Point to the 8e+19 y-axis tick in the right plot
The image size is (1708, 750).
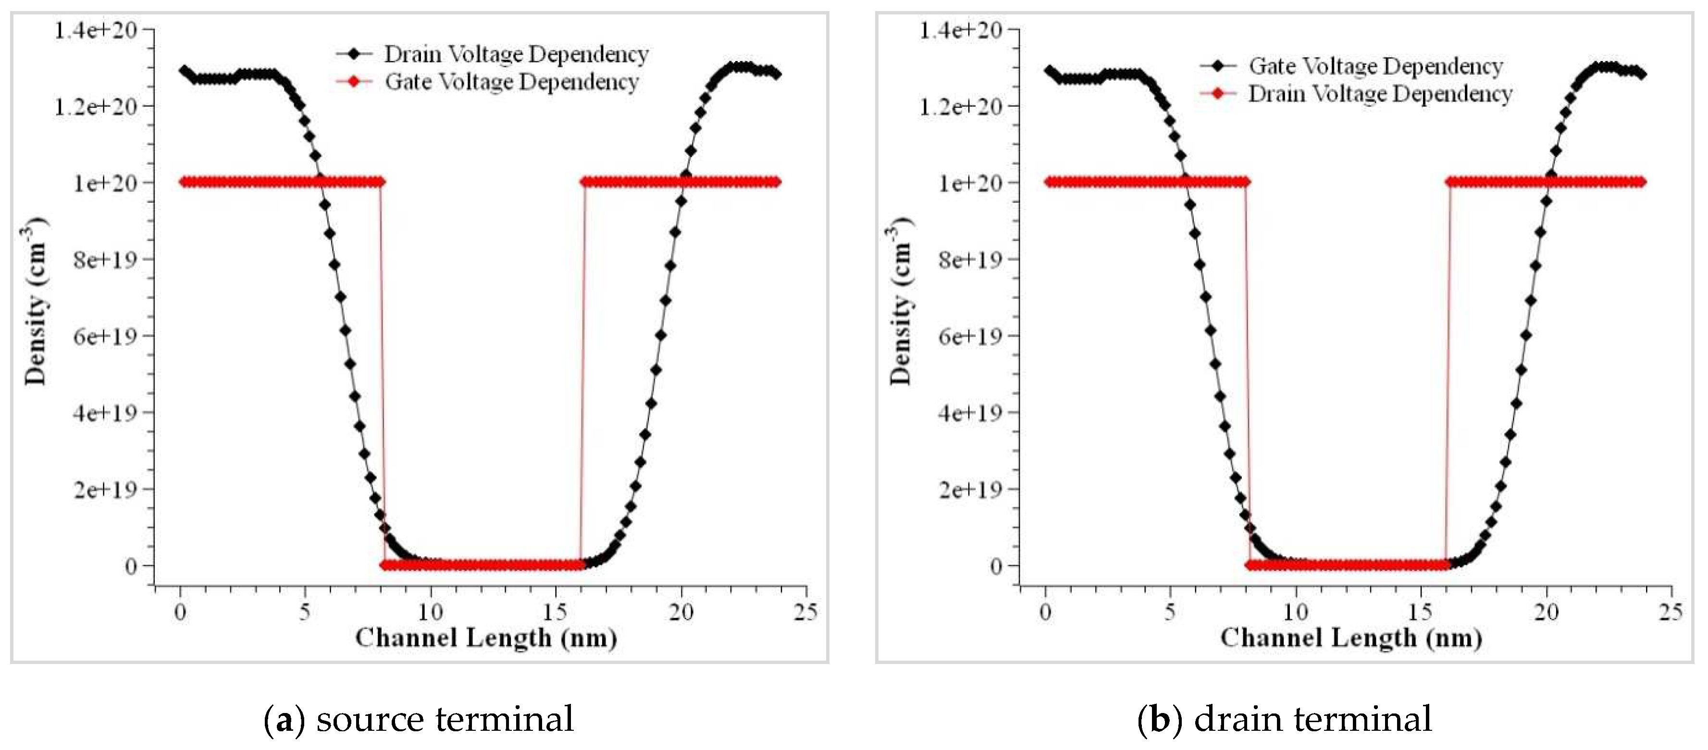(x=969, y=260)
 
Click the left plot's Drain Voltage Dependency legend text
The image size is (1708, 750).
(x=516, y=54)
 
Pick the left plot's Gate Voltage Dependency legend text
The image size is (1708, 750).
(x=512, y=82)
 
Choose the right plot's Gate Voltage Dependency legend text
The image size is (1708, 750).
(x=1376, y=66)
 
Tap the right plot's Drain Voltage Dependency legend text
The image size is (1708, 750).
(x=1380, y=94)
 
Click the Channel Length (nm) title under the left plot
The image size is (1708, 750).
(x=486, y=638)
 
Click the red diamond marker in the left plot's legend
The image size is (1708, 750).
(x=354, y=82)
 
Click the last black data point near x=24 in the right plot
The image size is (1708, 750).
(x=1641, y=74)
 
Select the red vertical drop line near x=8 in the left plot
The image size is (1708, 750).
(x=382, y=371)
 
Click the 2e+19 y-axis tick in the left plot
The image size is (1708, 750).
(x=104, y=490)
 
